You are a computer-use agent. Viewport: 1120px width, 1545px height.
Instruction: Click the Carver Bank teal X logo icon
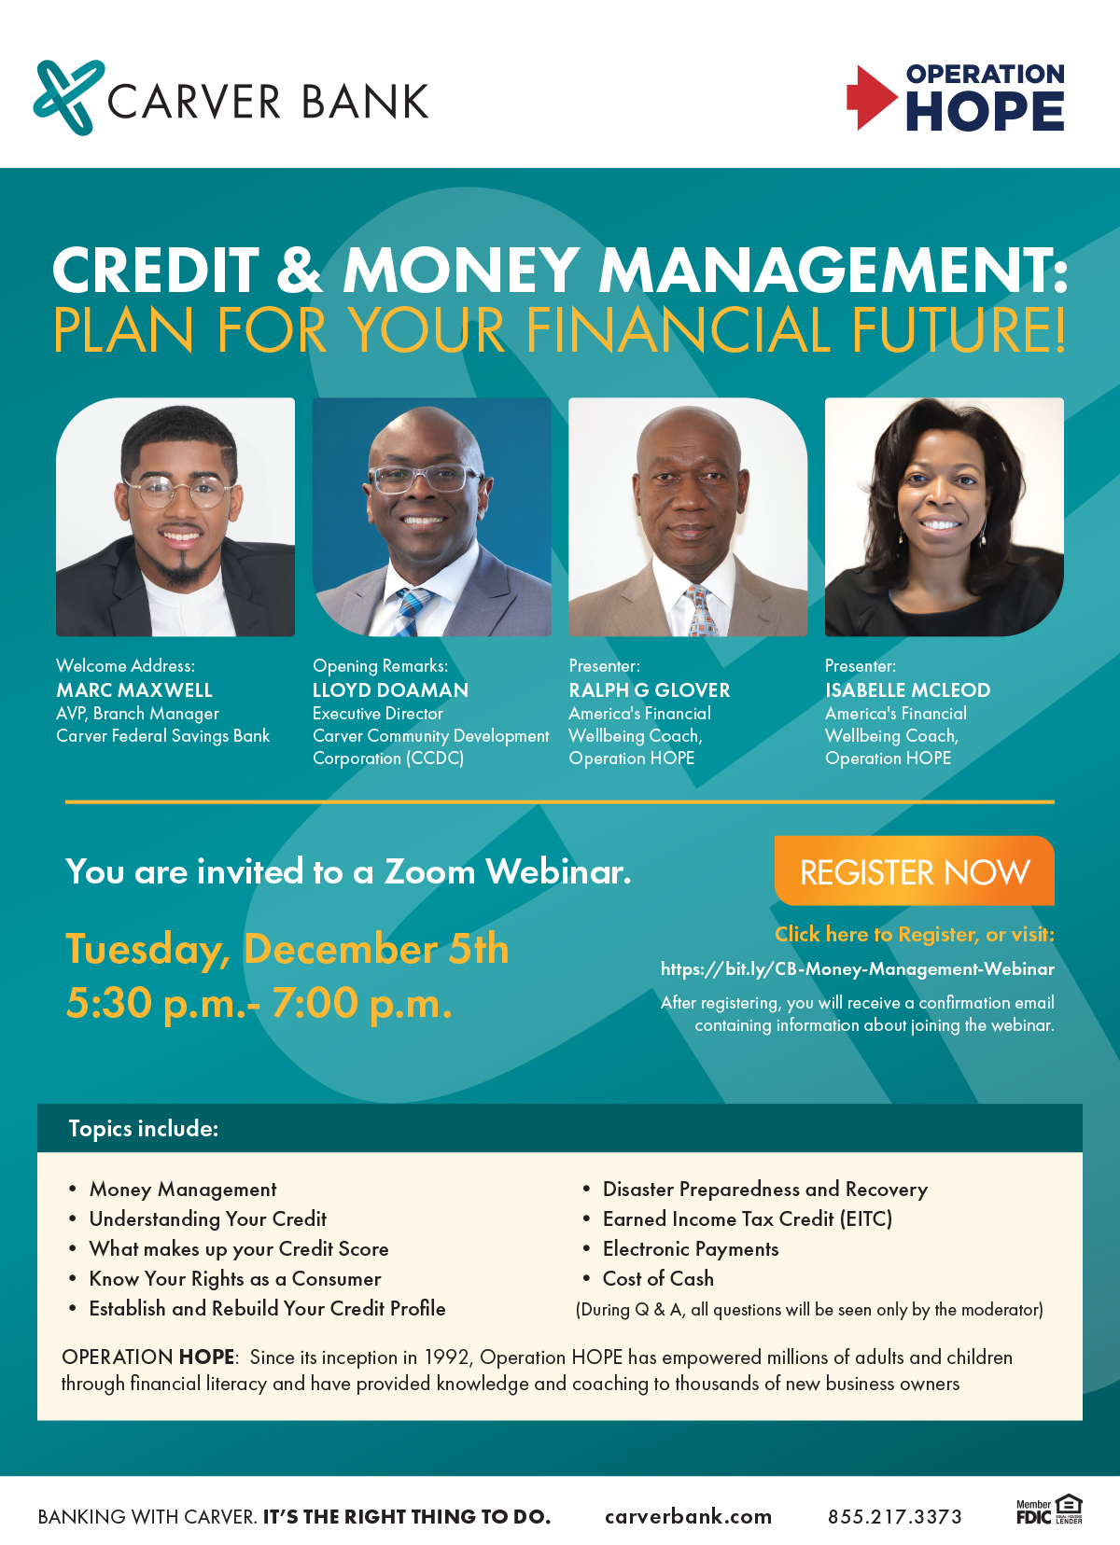[x=68, y=97]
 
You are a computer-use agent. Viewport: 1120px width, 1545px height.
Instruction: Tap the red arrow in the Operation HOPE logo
[x=870, y=97]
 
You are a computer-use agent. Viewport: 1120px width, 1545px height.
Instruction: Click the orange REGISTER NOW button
[x=914, y=871]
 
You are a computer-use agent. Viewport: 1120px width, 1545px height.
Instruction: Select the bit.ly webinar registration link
[x=857, y=968]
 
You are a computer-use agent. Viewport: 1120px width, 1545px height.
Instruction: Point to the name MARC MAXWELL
[x=134, y=690]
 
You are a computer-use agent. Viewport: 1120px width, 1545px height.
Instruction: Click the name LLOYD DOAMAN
[x=390, y=690]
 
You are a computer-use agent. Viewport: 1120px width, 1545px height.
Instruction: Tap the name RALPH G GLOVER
[x=650, y=690]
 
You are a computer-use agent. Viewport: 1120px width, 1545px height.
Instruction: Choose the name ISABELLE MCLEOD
[x=907, y=690]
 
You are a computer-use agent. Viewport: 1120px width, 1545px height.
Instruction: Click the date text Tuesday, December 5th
[x=287, y=950]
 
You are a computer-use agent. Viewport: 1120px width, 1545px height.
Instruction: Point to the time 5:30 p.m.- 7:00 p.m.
[x=259, y=1004]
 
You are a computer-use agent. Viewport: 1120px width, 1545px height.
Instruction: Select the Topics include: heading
[x=144, y=1129]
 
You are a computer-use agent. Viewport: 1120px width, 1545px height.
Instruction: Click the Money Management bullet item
[x=183, y=1190]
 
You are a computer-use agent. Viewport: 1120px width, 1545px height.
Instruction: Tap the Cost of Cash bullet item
[x=658, y=1279]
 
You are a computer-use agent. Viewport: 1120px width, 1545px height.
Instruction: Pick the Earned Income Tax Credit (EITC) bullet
[x=747, y=1219]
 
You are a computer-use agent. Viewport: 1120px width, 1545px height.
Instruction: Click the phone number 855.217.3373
[x=894, y=1517]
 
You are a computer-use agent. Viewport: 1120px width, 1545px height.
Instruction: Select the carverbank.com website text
[x=688, y=1517]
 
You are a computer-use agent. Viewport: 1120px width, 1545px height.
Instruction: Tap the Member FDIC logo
[x=1034, y=1511]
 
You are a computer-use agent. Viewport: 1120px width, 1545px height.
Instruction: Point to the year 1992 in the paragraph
[x=447, y=1357]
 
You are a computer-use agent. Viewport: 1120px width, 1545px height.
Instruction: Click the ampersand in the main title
[x=299, y=270]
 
